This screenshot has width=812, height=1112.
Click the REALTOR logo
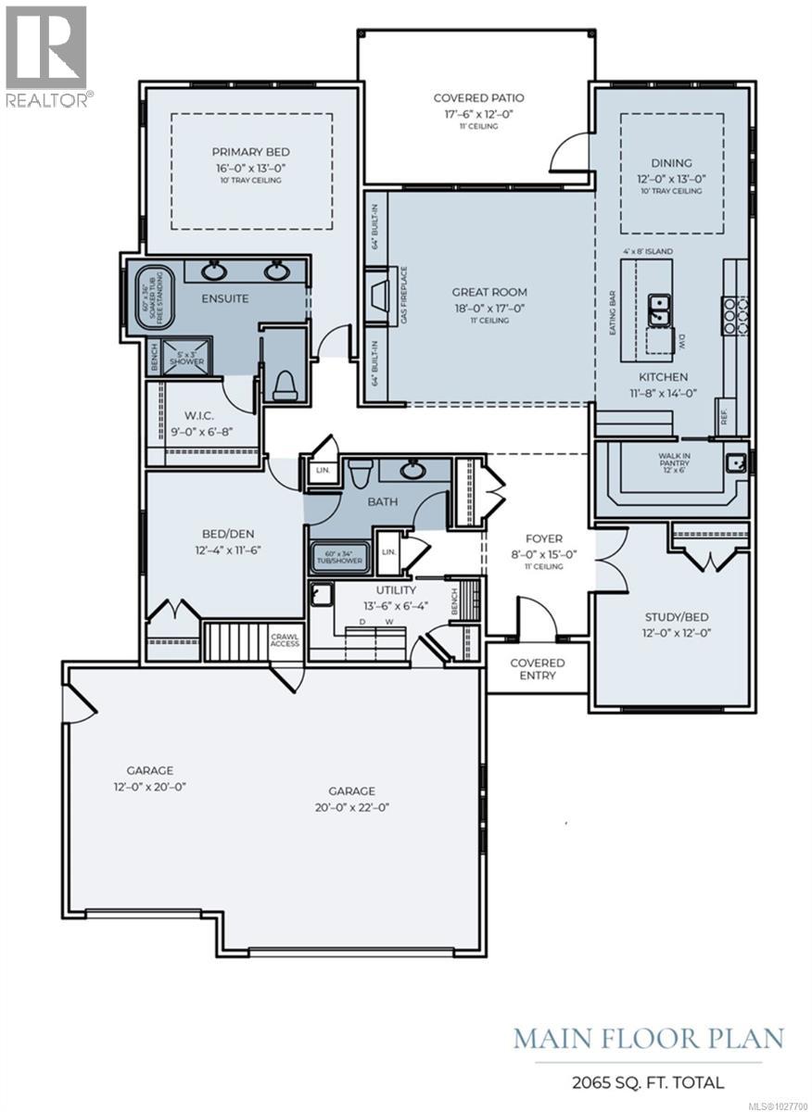point(46,56)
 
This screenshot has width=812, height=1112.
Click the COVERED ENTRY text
point(538,669)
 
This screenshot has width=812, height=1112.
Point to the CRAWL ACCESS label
point(284,640)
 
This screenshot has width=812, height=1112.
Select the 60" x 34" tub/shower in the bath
point(339,557)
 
